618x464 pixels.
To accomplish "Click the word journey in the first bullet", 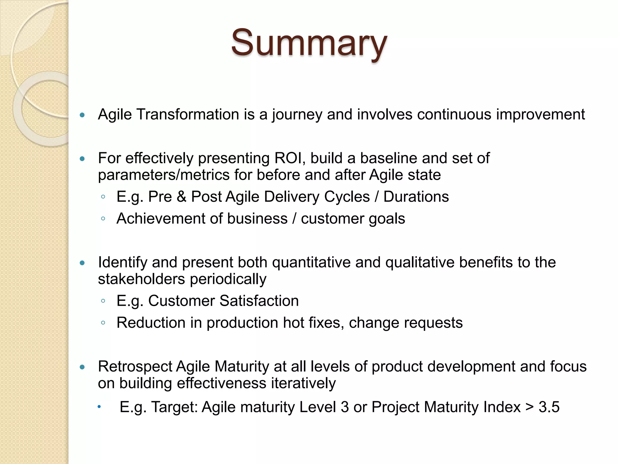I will pyautogui.click(x=297, y=115).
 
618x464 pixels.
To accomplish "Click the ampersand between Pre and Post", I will pyautogui.click(x=181, y=197).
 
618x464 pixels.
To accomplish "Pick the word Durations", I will pyautogui.click(x=416, y=197).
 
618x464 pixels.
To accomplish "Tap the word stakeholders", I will pyautogui.click(x=141, y=279).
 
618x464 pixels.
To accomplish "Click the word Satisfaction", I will pyautogui.click(x=259, y=301).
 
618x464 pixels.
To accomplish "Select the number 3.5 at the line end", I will pyautogui.click(x=549, y=407).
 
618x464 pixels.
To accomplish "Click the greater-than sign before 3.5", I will pyautogui.click(x=529, y=407).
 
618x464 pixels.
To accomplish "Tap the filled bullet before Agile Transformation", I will pyautogui.click(x=82, y=115).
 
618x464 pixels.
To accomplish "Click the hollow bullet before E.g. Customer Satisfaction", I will pyautogui.click(x=103, y=301).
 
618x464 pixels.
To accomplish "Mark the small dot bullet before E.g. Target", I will pyautogui.click(x=99, y=407).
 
